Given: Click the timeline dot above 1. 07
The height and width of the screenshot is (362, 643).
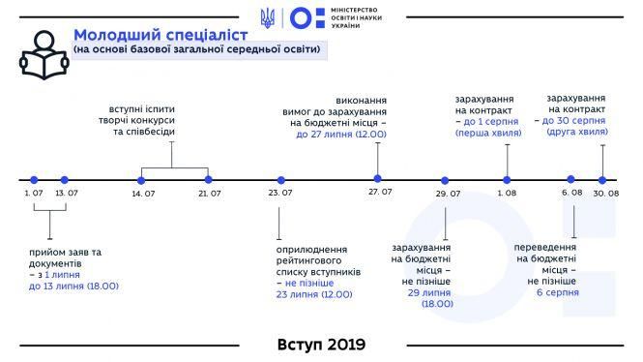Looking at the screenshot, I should pos(34,180).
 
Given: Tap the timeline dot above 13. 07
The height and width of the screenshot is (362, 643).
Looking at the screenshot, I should pos(65,180).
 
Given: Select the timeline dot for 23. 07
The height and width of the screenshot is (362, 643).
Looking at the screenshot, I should pos(281,180).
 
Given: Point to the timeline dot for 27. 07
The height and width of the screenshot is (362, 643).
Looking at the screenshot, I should pos(377,178).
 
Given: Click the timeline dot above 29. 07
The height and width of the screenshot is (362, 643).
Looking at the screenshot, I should pos(446,180).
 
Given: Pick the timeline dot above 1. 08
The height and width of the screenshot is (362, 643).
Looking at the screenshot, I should pos(507,178).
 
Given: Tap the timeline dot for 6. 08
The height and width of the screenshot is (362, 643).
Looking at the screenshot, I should pos(570,179).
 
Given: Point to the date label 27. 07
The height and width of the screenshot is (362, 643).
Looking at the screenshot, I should pos(380,193).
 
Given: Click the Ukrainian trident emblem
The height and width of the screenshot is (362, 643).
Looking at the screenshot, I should pos(268,17).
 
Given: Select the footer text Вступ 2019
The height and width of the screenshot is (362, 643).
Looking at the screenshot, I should pos(321,344).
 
